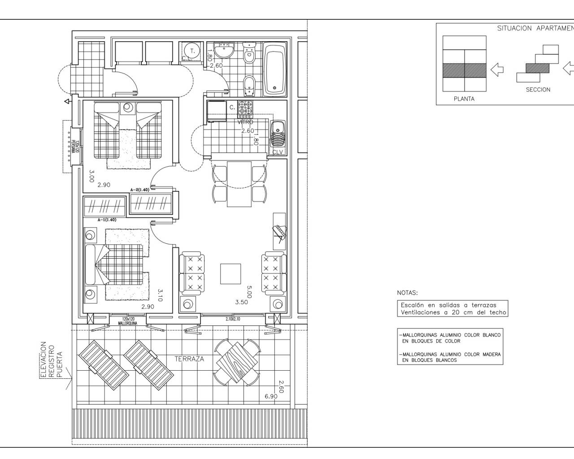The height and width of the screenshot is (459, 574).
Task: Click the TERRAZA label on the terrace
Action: coord(189,359)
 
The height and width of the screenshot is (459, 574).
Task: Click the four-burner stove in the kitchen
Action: coord(245,109)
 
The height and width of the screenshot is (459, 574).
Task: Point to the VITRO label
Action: coord(246,122)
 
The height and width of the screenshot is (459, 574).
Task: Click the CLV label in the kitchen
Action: coord(278,152)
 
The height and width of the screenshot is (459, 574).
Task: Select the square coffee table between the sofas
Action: coord(230,273)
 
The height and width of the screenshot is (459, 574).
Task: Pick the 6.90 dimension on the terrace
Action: coord(271,396)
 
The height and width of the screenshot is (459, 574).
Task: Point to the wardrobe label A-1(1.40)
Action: coord(107,220)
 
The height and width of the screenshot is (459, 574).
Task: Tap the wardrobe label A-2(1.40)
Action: coord(139,190)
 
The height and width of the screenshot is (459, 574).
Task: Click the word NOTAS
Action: coord(407,293)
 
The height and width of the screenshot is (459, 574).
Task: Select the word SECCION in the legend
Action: coord(538,90)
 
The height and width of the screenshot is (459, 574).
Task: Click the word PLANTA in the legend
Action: coord(464,99)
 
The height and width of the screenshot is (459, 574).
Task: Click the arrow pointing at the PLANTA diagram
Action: coord(497,69)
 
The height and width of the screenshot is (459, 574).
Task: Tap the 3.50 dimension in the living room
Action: coord(242,302)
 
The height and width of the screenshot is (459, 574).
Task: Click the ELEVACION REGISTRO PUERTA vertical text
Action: coord(50,361)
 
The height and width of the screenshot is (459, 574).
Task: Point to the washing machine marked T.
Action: coord(192,51)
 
